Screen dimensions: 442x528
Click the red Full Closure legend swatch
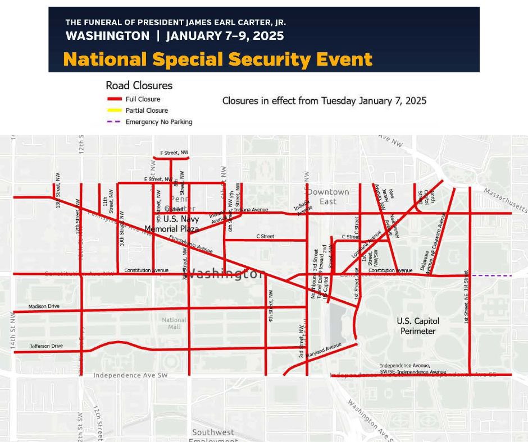114,99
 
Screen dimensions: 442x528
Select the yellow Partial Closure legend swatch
114,110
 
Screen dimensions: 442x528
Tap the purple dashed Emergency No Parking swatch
114,122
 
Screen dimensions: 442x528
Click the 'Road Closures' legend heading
139,86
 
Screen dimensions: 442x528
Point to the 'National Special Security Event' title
218,59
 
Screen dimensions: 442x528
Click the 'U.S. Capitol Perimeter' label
418,326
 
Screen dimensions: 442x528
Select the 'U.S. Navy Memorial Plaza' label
172,224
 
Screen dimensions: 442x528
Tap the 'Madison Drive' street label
44,306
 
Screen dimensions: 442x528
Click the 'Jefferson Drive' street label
46,346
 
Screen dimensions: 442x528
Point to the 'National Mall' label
174,324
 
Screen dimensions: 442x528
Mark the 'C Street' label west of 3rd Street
265,237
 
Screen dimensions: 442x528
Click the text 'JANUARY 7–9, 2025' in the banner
225,36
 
